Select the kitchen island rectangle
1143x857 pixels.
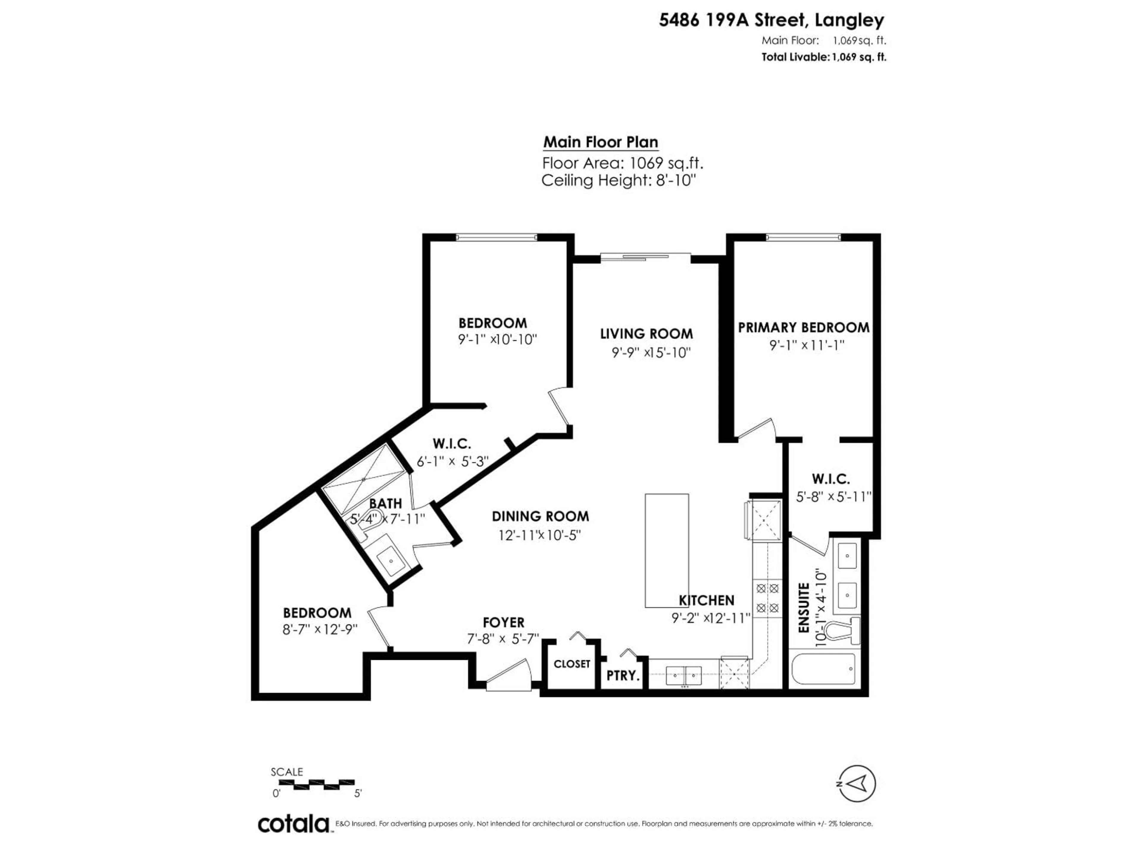666,550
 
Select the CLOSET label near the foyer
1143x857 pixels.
571,664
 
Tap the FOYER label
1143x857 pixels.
503,623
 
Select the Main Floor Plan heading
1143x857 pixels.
600,142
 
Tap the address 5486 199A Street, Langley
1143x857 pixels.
771,20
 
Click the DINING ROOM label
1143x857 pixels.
540,516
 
